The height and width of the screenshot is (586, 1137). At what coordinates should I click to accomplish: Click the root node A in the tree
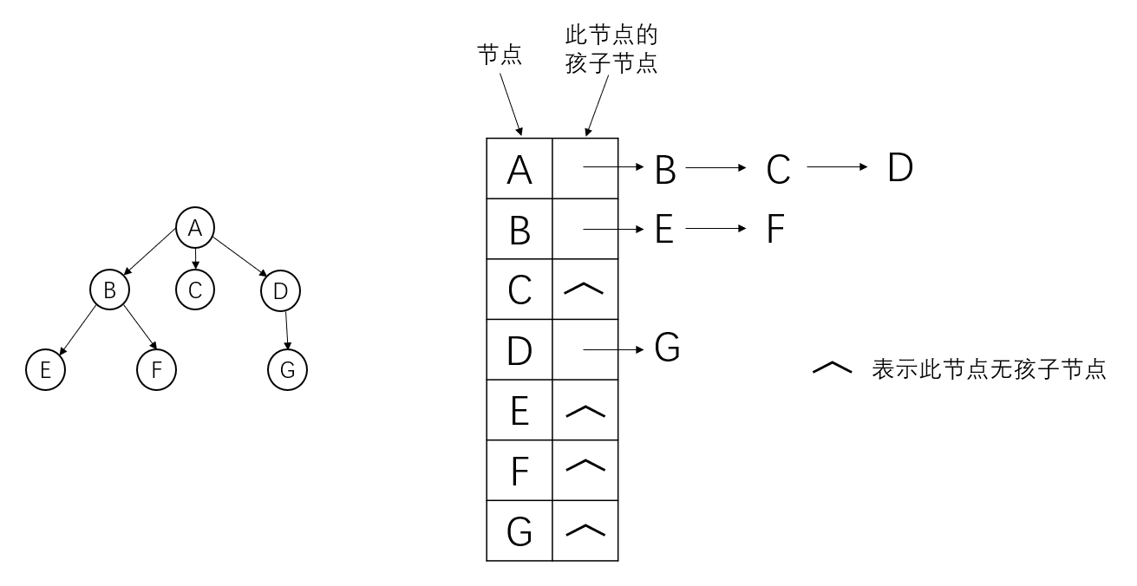(195, 228)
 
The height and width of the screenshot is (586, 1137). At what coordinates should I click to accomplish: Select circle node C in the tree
(195, 290)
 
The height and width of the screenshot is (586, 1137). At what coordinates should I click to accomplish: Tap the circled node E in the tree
(46, 370)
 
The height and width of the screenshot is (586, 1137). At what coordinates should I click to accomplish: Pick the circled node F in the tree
(157, 370)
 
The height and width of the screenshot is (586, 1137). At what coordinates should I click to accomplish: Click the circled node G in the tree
(288, 370)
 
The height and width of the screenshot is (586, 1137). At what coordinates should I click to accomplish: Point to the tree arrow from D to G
(286, 330)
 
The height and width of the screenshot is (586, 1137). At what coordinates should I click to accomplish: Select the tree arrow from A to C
(195, 258)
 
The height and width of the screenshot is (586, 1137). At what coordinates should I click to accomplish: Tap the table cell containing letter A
(519, 169)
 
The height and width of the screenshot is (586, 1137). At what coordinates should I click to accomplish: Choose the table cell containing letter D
(519, 350)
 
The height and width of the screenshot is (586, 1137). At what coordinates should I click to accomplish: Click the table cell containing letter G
(519, 531)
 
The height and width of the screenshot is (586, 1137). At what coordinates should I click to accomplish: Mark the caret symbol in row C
(585, 289)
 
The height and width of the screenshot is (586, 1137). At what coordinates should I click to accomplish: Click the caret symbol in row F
(585, 470)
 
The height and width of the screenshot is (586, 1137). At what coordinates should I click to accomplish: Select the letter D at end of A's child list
(900, 168)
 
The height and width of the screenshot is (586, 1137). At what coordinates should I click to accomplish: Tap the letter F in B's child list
(775, 230)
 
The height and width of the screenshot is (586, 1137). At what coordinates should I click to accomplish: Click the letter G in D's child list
(666, 348)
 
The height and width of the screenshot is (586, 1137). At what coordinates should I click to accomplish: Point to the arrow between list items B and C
(716, 169)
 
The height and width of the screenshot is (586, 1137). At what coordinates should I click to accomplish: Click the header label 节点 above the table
(500, 55)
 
